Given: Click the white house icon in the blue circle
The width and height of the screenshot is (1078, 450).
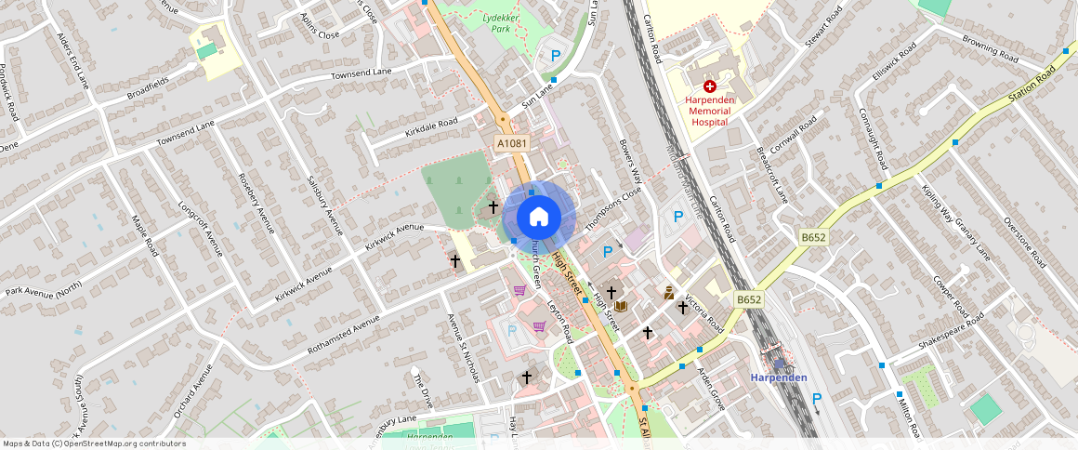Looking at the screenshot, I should point(539,218).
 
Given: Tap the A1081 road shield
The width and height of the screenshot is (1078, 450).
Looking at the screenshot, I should point(511,144).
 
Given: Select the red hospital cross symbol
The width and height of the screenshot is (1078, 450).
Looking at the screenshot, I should point(709,85).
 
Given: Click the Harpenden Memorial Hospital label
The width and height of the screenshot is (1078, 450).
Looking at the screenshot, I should point(710,110).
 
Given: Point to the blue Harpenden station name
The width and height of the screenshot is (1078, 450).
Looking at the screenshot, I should point(779,377).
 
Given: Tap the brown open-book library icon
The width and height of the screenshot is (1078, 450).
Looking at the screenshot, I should point(621,306).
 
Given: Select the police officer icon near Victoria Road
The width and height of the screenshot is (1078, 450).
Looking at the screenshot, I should point(669,292).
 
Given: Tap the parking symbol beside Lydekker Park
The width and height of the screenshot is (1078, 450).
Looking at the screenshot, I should point(556,56).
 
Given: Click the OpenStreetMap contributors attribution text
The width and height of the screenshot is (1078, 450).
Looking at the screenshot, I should point(94,443).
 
